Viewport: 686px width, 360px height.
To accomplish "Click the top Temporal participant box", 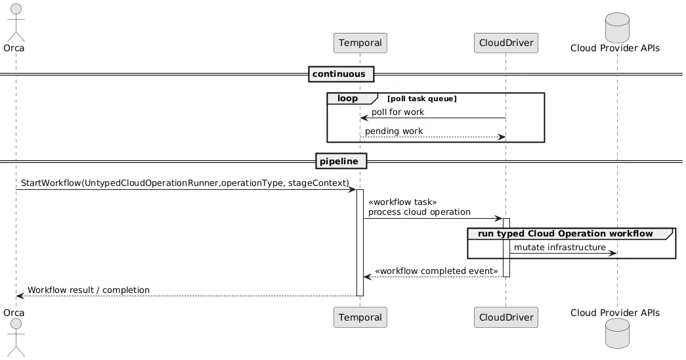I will click(360, 43).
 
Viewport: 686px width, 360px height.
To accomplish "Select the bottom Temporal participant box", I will click(360, 317).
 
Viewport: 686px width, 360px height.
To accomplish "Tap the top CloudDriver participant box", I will click(505, 43).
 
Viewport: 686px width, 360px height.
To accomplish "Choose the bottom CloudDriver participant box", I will click(505, 317).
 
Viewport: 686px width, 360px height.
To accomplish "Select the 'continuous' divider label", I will click(341, 74).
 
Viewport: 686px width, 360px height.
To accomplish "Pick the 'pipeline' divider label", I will click(341, 161).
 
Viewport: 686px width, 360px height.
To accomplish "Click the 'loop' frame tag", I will click(348, 99).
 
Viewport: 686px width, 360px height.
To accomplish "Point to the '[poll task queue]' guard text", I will click(422, 99).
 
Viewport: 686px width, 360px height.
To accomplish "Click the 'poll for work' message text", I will click(398, 112).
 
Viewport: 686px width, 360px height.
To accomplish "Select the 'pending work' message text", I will click(394, 131).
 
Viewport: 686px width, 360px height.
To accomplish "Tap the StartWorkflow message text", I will click(184, 181).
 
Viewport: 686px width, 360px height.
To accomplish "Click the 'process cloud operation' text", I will click(419, 212).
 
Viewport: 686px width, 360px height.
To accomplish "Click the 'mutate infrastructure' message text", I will click(559, 247).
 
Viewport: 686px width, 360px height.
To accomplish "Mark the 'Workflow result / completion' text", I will click(89, 290).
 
